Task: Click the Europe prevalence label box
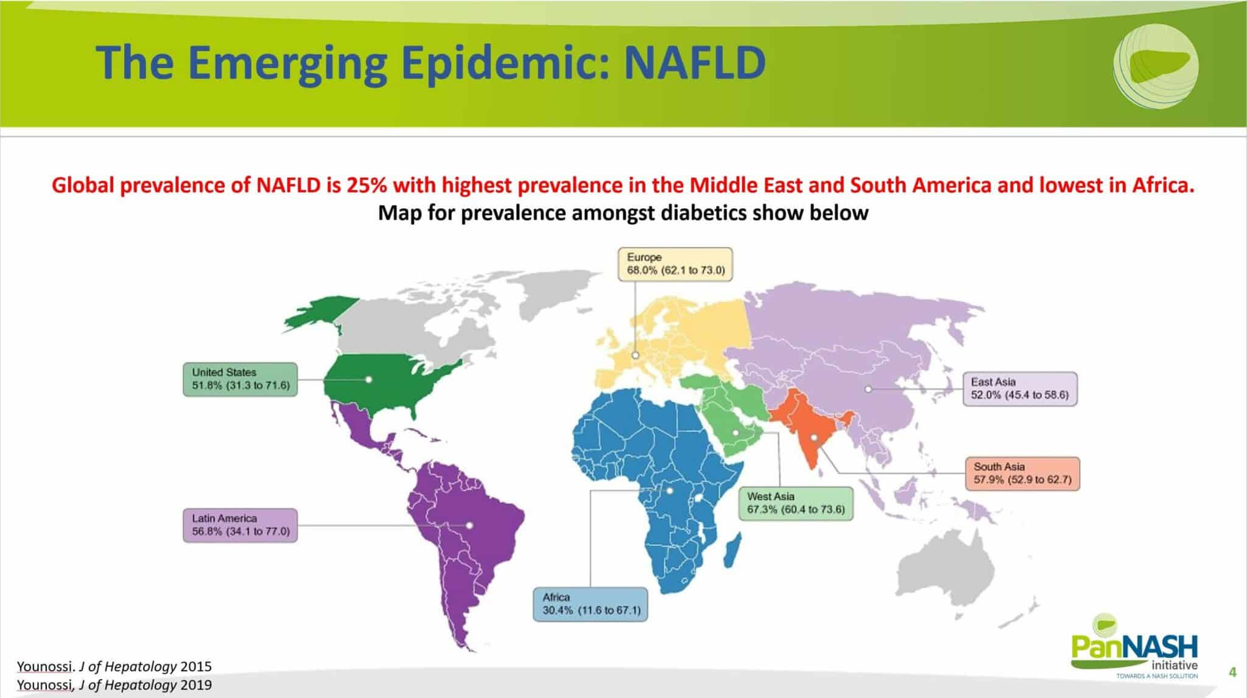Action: coord(675,264)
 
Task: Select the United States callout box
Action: coord(241,379)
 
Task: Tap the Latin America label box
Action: coord(241,525)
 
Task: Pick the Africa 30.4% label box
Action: coord(591,604)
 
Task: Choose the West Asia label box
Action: coord(796,503)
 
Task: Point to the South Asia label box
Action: coord(1022,473)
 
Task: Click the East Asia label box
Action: coord(1020,389)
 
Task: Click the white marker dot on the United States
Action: coord(368,379)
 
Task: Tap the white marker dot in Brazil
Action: coord(469,525)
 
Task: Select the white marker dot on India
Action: coord(813,437)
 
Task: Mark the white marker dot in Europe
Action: coord(635,355)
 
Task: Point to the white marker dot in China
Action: coord(868,389)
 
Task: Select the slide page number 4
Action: coord(1233,672)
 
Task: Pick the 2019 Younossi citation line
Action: coord(114,685)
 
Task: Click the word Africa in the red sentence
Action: coord(1164,185)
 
